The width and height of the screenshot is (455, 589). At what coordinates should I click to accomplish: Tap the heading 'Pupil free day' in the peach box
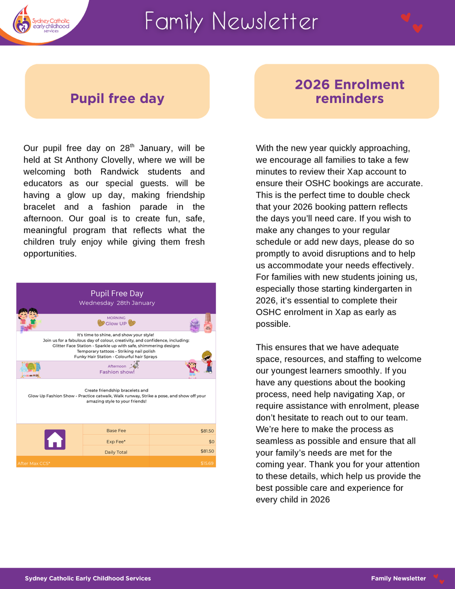(117, 99)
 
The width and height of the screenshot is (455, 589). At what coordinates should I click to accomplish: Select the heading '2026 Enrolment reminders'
(349, 91)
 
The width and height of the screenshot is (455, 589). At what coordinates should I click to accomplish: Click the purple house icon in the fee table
(54, 439)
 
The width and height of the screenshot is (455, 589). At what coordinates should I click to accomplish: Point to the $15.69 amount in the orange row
(207, 463)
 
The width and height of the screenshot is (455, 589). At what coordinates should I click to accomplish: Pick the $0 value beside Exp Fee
(211, 442)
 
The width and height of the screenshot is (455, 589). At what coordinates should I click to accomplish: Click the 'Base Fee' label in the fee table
(116, 431)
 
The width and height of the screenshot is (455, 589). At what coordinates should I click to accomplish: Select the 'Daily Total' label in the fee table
(116, 452)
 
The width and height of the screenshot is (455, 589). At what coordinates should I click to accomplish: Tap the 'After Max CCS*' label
(34, 463)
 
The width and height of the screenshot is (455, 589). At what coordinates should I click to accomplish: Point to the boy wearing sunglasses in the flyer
(207, 362)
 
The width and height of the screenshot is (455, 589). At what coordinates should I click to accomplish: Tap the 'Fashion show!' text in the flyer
(117, 372)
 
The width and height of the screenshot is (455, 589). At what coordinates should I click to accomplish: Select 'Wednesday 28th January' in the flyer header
(117, 303)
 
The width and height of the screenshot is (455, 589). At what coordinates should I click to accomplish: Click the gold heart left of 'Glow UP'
(101, 323)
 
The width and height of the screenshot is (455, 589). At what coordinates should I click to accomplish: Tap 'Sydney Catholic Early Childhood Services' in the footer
(88, 579)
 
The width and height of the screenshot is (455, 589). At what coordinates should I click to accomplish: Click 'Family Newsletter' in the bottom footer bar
(398, 579)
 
